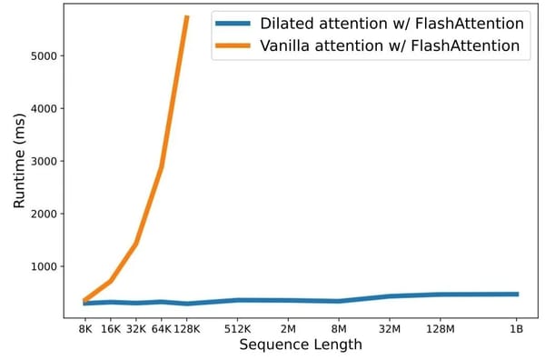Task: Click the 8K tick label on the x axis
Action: pos(84,328)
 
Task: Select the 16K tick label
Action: pos(110,328)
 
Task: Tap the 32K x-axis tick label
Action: pos(135,328)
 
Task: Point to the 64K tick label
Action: pos(160,328)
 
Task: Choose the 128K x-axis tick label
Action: pos(186,328)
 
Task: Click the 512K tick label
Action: pos(237,328)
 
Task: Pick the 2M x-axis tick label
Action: pos(288,328)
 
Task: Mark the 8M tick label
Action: pos(339,328)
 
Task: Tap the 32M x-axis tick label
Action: pos(390,328)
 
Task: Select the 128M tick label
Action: pos(441,328)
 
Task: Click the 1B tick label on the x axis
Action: pos(517,328)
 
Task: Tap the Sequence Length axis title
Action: pos(301,345)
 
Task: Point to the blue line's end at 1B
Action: pos(517,294)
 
